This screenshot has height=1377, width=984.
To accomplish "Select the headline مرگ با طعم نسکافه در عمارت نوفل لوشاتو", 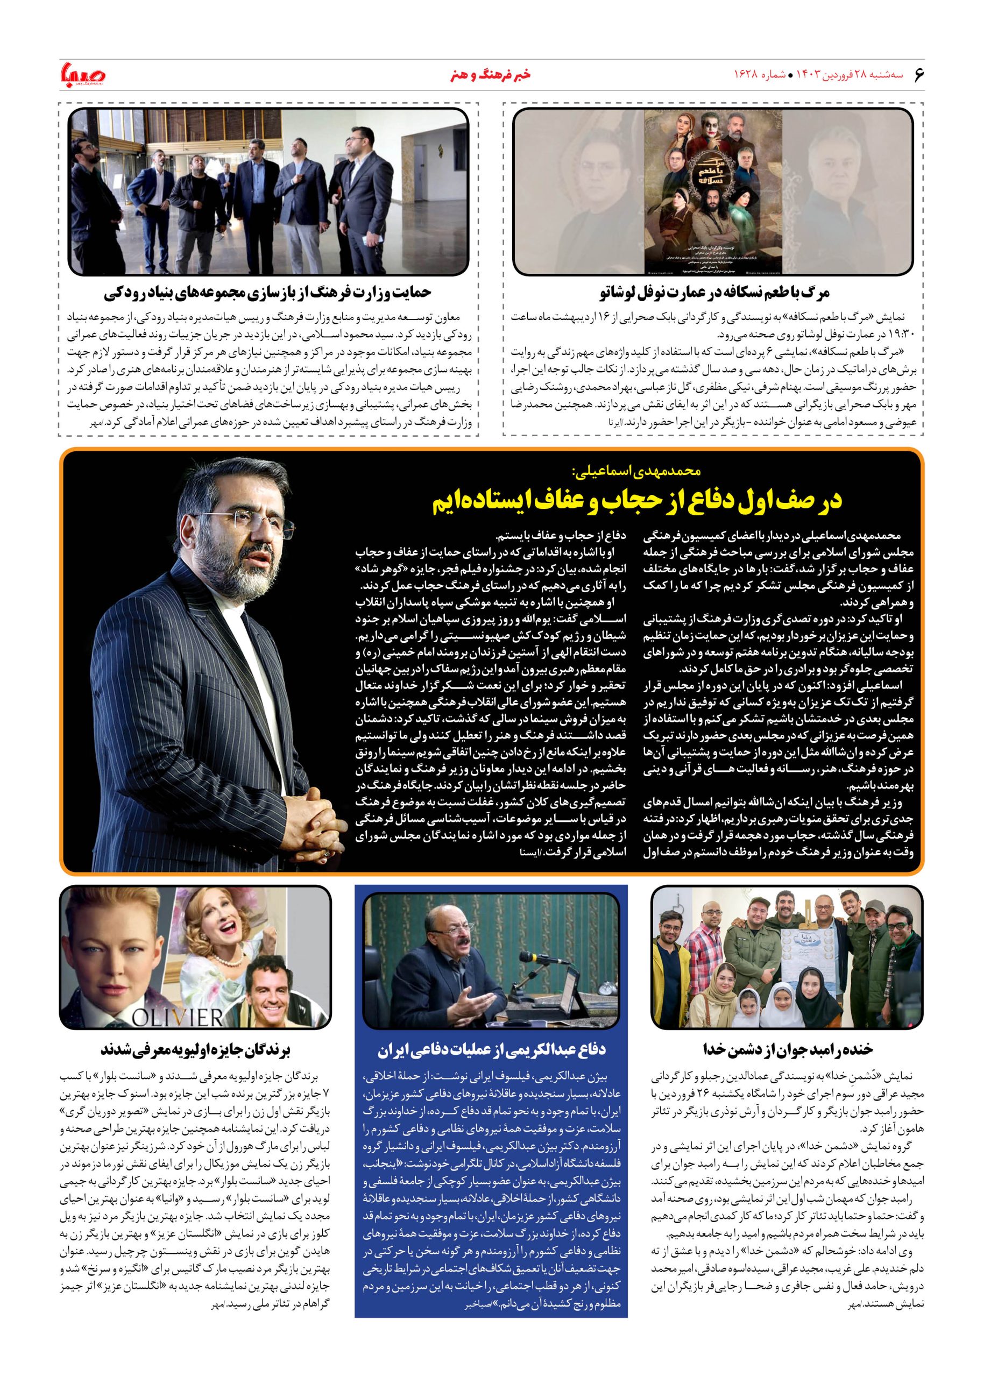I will pos(713,293).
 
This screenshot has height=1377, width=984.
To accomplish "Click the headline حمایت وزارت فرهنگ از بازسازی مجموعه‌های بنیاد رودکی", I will pos(268,293).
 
